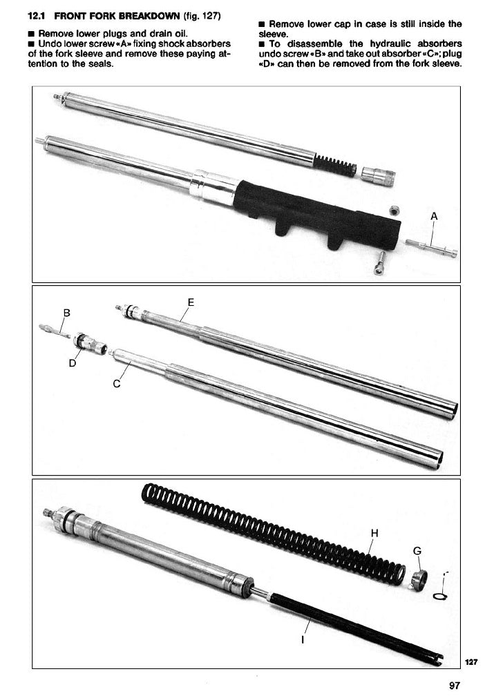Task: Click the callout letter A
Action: pos(435,216)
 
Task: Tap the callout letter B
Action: pos(67,313)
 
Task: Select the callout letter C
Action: pos(117,384)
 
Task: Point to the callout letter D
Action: pos(72,363)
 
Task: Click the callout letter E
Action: pos(191,302)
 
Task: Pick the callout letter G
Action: pos(417,551)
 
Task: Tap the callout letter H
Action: pos(374,533)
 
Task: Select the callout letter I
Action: pos(303,640)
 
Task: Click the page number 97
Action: pos(455,686)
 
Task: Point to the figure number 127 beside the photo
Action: pos(471,662)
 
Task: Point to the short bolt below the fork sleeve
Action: pos(380,262)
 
